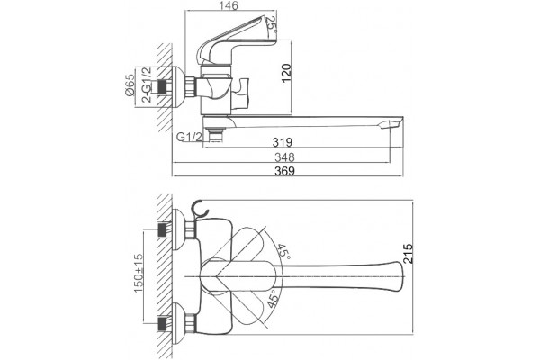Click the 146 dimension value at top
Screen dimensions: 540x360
[229, 6]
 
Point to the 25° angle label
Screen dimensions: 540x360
[272, 25]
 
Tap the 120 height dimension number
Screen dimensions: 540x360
[286, 73]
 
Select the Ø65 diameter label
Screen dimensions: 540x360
[130, 85]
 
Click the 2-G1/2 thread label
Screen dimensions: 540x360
[147, 85]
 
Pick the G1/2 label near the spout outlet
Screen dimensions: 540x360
[189, 137]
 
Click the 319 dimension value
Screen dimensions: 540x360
[283, 142]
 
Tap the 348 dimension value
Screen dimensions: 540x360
[284, 157]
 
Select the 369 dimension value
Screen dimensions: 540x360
[284, 171]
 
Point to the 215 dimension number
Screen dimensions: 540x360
[408, 254]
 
